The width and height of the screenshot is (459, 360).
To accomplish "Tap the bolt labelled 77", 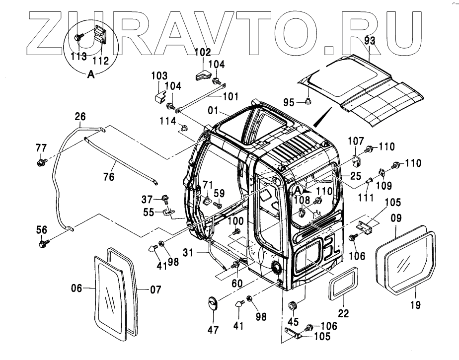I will (x=40, y=161).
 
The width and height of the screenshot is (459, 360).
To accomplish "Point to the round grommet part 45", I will (x=293, y=304).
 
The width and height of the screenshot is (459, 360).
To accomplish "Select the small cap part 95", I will (x=308, y=102).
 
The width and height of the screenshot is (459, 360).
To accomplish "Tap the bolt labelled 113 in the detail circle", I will (x=78, y=37).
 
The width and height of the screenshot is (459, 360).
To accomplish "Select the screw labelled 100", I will (x=236, y=231).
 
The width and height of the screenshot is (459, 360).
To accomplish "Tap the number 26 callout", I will (x=80, y=117).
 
